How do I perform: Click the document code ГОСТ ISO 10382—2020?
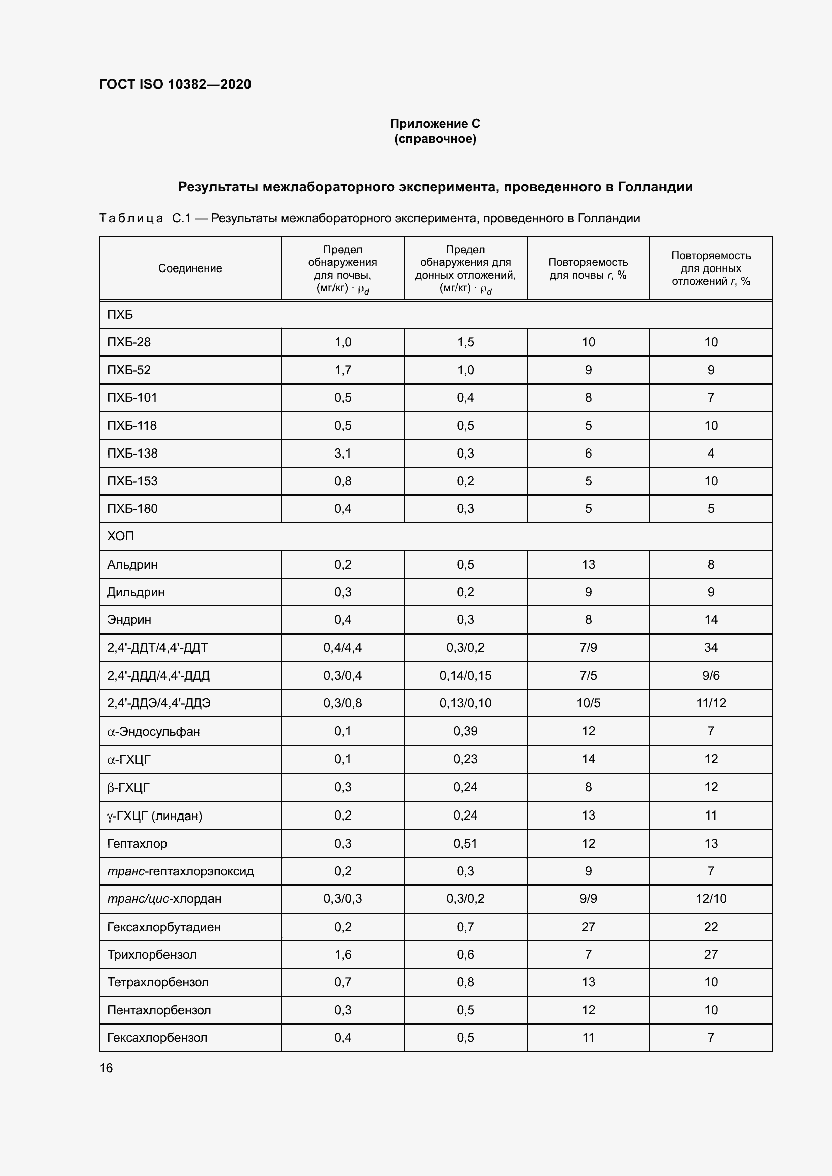point(175,84)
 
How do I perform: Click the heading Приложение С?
point(435,124)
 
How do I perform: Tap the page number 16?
point(106,1068)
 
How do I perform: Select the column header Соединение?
point(190,268)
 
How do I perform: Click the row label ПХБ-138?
point(132,454)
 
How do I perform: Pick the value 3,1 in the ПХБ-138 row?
point(342,454)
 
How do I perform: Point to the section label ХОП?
point(120,536)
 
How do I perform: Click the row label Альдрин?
point(132,565)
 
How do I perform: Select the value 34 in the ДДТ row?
point(711,648)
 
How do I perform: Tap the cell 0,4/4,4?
point(342,648)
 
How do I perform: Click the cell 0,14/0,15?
point(465,676)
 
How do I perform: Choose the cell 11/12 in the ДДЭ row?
point(711,703)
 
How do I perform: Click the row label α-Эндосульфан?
point(153,732)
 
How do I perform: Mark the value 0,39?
point(465,731)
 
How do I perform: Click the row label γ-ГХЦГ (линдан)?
point(155,816)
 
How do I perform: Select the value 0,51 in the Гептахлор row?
point(465,843)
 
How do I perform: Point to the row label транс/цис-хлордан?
point(164,899)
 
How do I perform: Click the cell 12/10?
point(711,899)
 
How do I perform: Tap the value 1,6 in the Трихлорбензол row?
point(342,955)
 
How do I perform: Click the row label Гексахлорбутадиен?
point(163,927)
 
